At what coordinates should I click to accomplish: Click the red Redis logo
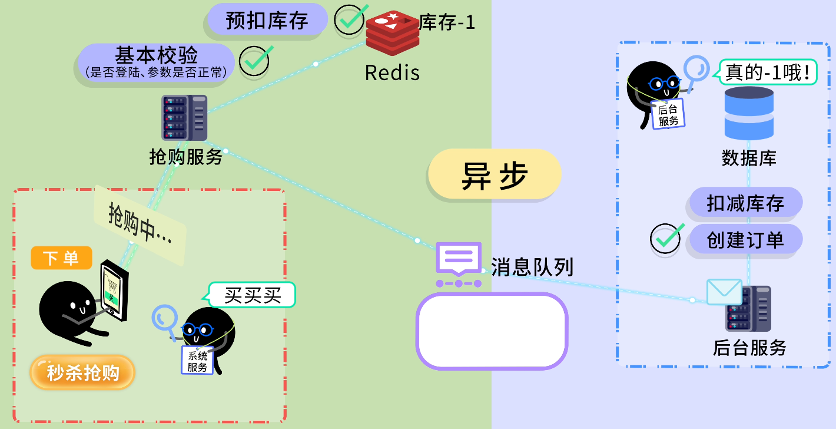(x=392, y=33)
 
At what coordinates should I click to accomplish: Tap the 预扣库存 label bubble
(x=267, y=20)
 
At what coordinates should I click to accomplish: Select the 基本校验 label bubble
(x=156, y=62)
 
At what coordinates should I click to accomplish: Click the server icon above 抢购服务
(x=184, y=118)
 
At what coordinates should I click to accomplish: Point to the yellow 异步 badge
(x=494, y=174)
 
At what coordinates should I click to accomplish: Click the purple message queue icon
(x=459, y=264)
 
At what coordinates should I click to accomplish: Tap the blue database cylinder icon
(x=749, y=113)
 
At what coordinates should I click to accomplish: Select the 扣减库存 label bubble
(x=745, y=203)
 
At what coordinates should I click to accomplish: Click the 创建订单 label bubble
(x=745, y=239)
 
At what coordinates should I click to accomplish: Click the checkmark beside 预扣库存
(x=351, y=19)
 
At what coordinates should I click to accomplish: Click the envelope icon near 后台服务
(x=724, y=292)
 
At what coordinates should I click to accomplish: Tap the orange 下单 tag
(x=61, y=258)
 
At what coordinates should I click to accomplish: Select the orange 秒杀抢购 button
(x=83, y=372)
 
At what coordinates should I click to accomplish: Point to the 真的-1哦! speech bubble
(x=767, y=72)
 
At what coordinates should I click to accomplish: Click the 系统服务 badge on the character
(x=197, y=359)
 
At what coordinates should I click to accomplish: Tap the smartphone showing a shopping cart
(x=114, y=291)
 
